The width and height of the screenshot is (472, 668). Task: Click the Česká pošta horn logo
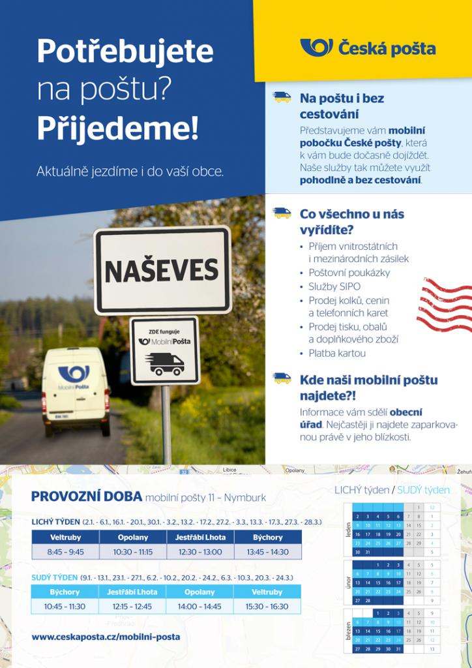pyautogui.click(x=316, y=48)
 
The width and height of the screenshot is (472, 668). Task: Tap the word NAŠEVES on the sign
pyautogui.click(x=162, y=270)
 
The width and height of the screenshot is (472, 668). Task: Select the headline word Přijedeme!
pyautogui.click(x=117, y=128)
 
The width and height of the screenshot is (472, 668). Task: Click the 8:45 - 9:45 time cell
pyautogui.click(x=65, y=551)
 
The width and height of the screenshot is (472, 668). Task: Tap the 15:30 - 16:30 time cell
pyautogui.click(x=267, y=606)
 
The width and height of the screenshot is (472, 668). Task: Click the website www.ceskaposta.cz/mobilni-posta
pyautogui.click(x=106, y=636)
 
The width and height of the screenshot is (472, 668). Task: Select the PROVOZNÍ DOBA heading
pyautogui.click(x=86, y=496)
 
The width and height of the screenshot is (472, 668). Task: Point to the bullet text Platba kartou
pyautogui.click(x=337, y=353)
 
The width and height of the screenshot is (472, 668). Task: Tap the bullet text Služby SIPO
pyautogui.click(x=334, y=286)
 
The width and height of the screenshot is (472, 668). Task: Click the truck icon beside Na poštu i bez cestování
pyautogui.click(x=282, y=97)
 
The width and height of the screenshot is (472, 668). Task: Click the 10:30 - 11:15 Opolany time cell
pyautogui.click(x=133, y=551)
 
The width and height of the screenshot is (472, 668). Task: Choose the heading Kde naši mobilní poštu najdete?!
pyautogui.click(x=368, y=387)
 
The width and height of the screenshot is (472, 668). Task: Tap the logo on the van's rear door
pyautogui.click(x=74, y=374)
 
